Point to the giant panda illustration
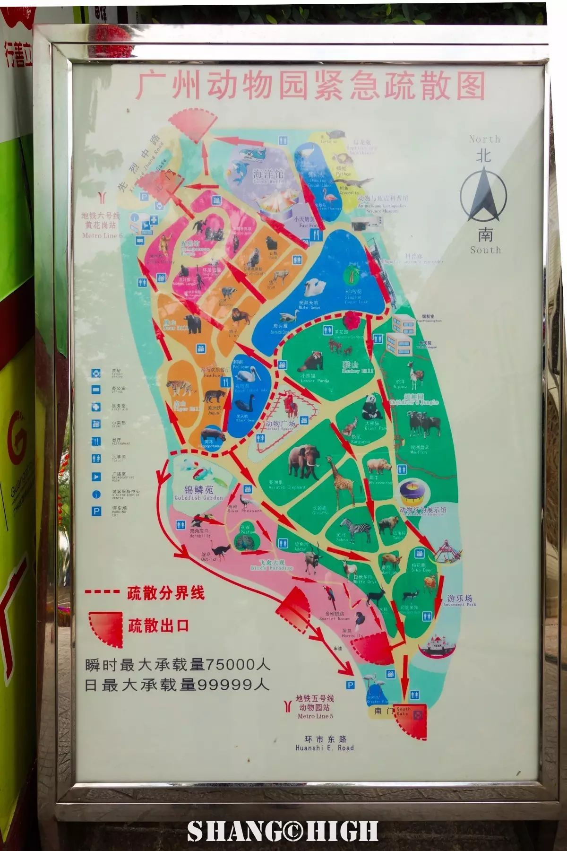370,406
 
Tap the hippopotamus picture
211,433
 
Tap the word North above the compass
484,139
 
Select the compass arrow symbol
484,196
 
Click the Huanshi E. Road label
324,748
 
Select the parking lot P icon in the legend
97,512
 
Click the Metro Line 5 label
315,716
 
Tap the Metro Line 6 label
102,235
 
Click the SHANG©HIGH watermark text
283,831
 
